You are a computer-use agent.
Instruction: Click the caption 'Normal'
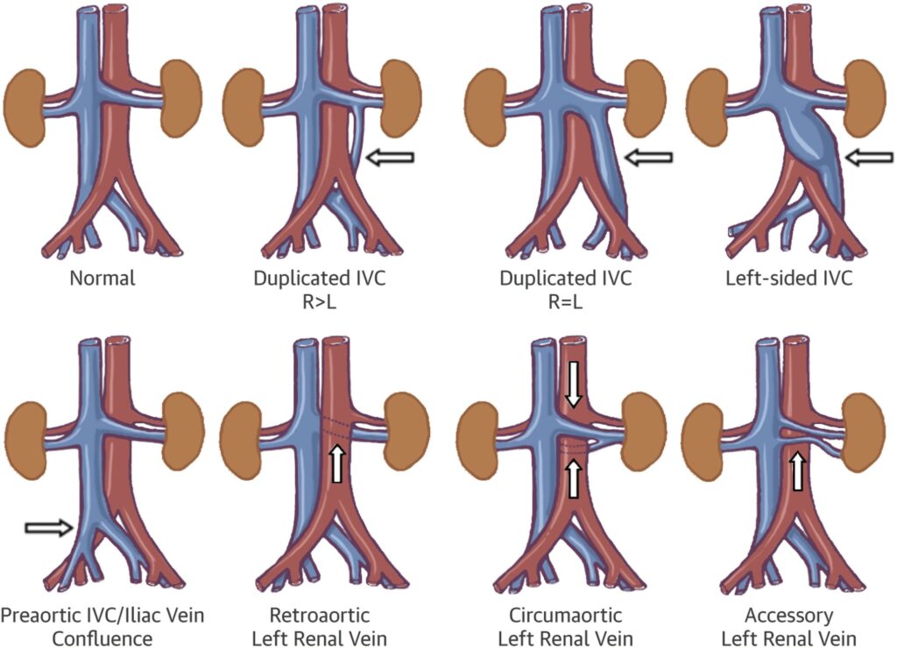(x=103, y=280)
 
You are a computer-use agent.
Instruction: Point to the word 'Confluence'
(x=102, y=638)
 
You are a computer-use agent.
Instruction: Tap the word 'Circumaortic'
(x=566, y=616)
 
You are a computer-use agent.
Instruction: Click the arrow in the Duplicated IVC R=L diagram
(x=649, y=158)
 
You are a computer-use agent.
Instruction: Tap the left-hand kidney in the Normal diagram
(x=31, y=97)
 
